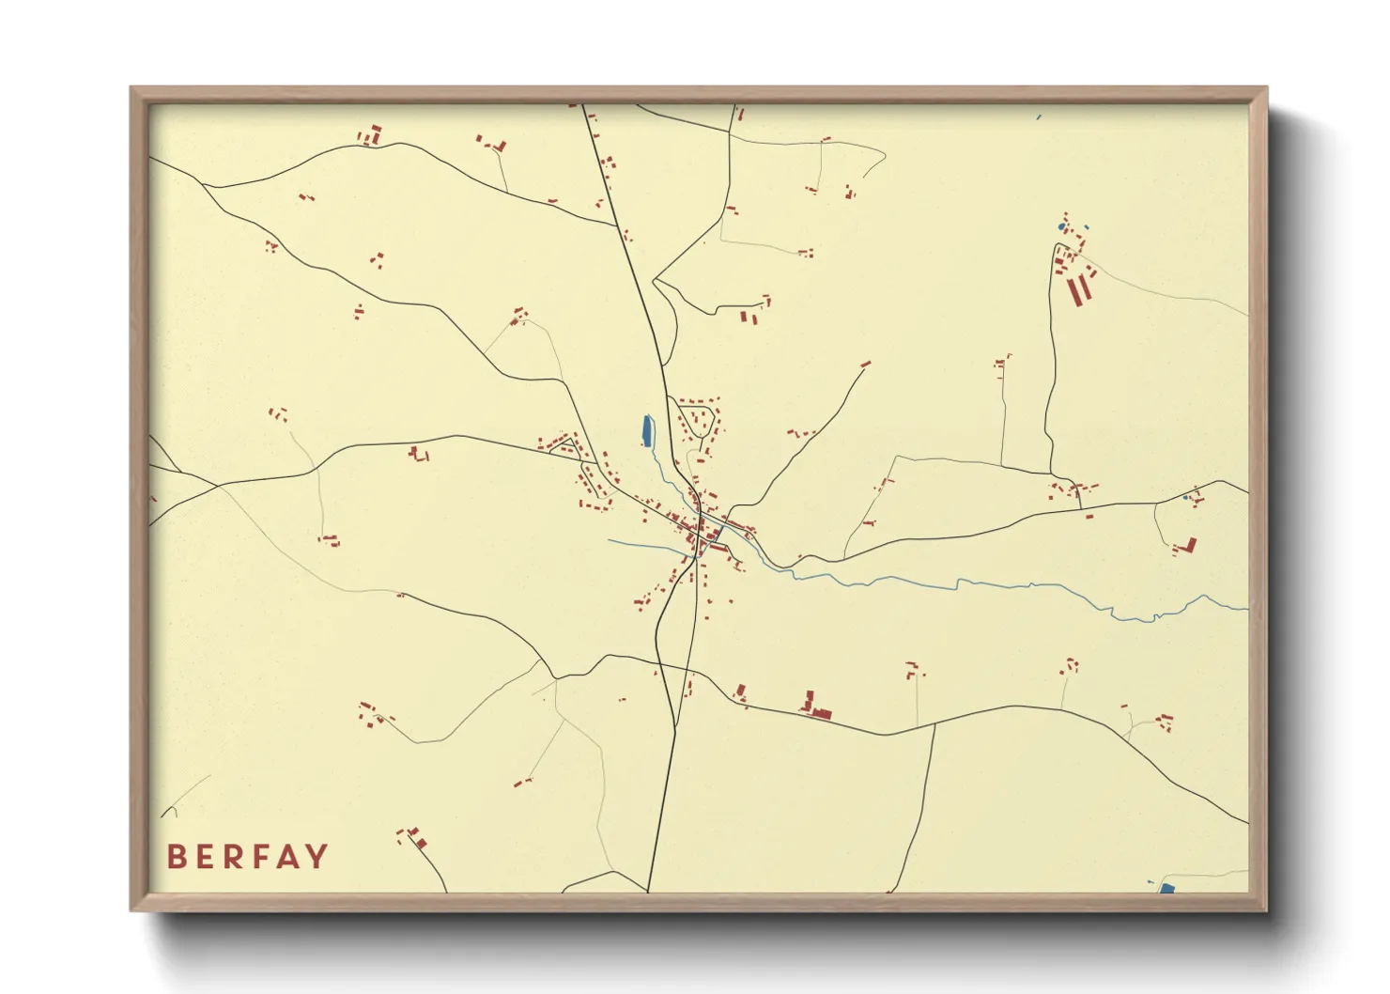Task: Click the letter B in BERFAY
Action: [176, 857]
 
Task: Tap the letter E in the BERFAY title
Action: [206, 857]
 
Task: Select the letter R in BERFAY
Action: [236, 857]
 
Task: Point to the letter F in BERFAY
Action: [266, 857]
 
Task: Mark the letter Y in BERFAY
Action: [319, 857]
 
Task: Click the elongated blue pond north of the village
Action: [646, 430]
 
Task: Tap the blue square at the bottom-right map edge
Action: [1166, 888]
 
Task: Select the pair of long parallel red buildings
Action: [1079, 289]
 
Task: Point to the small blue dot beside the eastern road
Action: [1186, 497]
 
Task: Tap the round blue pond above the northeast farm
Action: [1063, 227]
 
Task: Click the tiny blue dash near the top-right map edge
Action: [1039, 117]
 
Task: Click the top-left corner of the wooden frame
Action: [131, 87]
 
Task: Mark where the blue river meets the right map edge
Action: [1247, 609]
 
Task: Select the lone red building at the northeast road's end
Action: [865, 364]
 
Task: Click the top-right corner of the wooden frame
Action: [1266, 87]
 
